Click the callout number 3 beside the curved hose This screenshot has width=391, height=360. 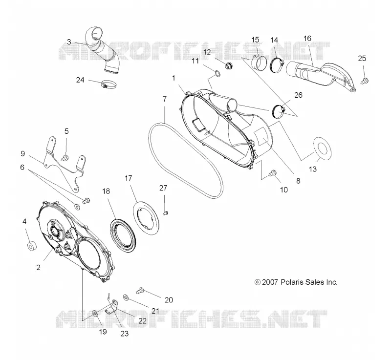click(x=69, y=42)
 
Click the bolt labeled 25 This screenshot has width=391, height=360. click(x=364, y=81)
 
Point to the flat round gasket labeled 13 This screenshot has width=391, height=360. click(x=322, y=148)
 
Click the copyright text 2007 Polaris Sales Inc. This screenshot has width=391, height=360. click(x=296, y=282)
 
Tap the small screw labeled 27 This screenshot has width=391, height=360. click(x=166, y=213)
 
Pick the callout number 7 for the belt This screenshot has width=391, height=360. click(x=165, y=99)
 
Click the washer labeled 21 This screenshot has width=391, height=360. click(x=126, y=297)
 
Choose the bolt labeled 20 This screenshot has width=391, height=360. click(x=140, y=290)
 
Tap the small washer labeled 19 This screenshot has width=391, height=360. click(x=95, y=313)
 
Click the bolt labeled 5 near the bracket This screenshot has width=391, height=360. click(x=65, y=157)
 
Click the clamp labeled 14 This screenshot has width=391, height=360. click(x=277, y=65)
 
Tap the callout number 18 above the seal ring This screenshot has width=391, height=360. click(x=106, y=191)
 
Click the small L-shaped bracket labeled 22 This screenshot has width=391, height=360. click(x=112, y=307)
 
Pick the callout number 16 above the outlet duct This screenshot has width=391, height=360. click(x=307, y=39)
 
